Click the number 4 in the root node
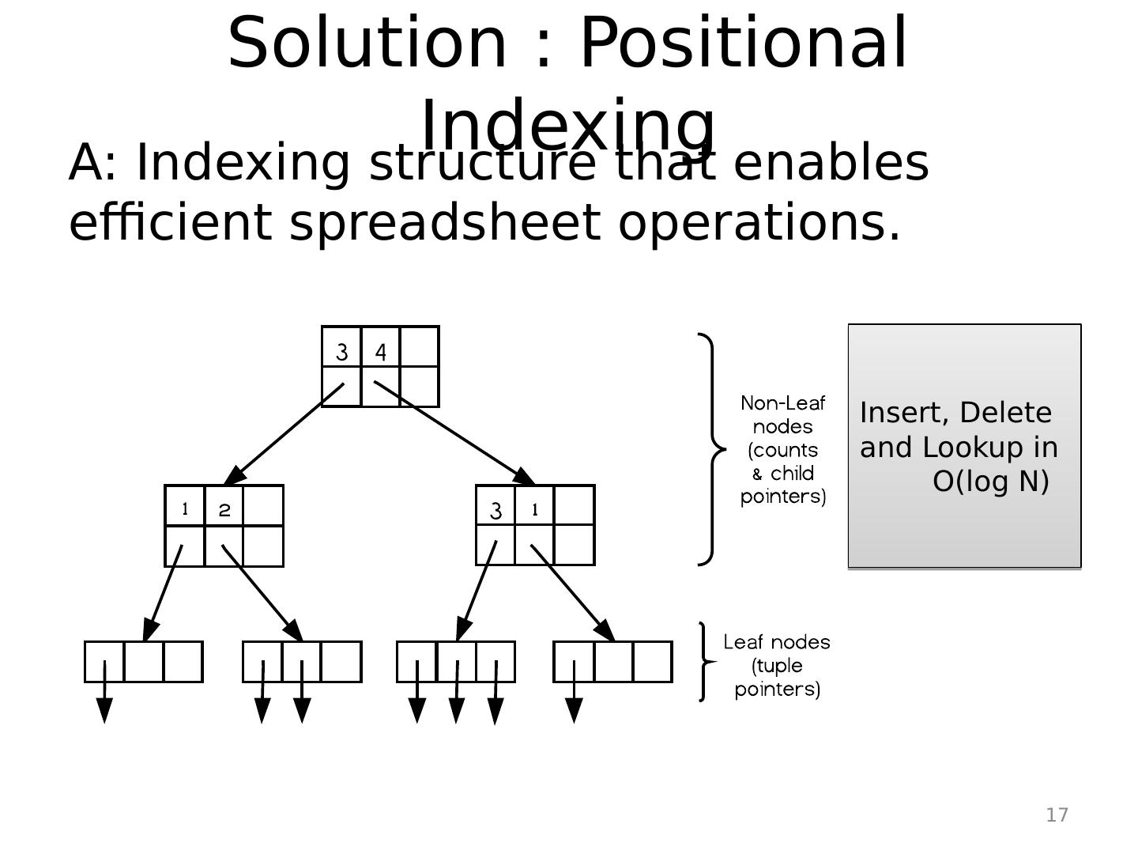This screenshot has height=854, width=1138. coord(381,352)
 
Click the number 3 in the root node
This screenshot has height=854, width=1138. coord(341,352)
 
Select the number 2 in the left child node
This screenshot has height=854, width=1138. coord(224,510)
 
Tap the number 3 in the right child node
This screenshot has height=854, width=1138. coord(496,511)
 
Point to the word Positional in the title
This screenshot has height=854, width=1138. coord(743,43)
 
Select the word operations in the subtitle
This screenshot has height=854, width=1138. coord(759,222)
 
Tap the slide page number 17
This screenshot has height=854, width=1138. coord(1057,815)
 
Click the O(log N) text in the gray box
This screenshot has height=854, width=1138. coord(991,481)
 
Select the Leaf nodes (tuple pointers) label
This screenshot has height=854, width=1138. coord(777,665)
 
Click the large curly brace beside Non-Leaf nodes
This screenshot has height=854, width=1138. coord(712,449)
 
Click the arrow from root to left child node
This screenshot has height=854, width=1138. coord(284,434)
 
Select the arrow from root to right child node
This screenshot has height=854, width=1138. coord(454,433)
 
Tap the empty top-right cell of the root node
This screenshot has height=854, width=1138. coord(420,346)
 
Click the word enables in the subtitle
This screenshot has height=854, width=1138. coord(831,163)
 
